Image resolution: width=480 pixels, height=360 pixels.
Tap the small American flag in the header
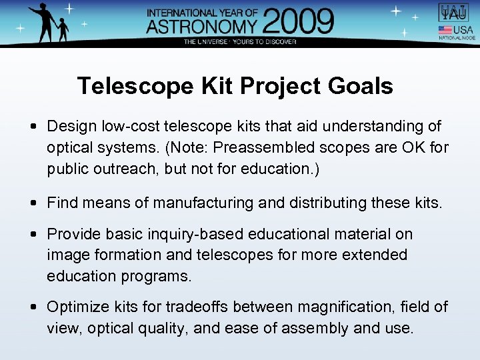(x=445, y=30)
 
